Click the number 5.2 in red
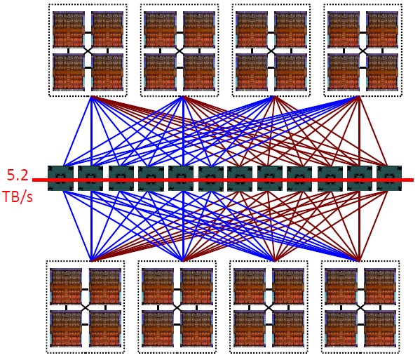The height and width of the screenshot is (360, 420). click(18, 175)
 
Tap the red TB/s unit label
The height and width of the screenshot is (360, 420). click(18, 196)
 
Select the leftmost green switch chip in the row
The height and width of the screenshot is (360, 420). click(60, 178)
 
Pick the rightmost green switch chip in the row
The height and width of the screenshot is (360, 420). click(389, 178)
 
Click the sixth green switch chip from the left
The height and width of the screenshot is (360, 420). click(211, 178)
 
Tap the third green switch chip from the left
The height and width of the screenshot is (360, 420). click(121, 178)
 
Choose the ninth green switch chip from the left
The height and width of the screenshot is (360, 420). click(299, 178)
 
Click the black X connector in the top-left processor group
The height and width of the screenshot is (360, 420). click(88, 51)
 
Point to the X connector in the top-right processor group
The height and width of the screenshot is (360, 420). click(363, 51)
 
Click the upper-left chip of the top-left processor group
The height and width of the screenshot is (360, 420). click(69, 29)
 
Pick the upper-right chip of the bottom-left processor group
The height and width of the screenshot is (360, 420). click(105, 286)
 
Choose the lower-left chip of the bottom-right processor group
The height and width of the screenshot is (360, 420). click(341, 329)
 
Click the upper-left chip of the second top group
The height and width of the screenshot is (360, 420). click(161, 29)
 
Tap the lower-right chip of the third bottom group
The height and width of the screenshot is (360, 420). click(288, 329)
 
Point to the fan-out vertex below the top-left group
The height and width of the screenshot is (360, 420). click(91, 97)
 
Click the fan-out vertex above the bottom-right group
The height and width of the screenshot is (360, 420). click(359, 260)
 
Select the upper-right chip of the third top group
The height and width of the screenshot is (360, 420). click(290, 29)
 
